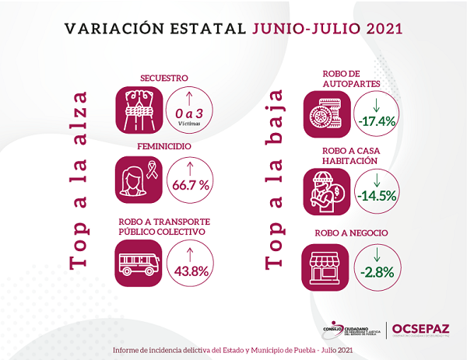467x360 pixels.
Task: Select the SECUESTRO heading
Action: coord(164,79)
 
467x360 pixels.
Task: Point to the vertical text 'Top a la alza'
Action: coord(79,180)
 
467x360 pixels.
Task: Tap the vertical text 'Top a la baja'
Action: coord(272,180)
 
